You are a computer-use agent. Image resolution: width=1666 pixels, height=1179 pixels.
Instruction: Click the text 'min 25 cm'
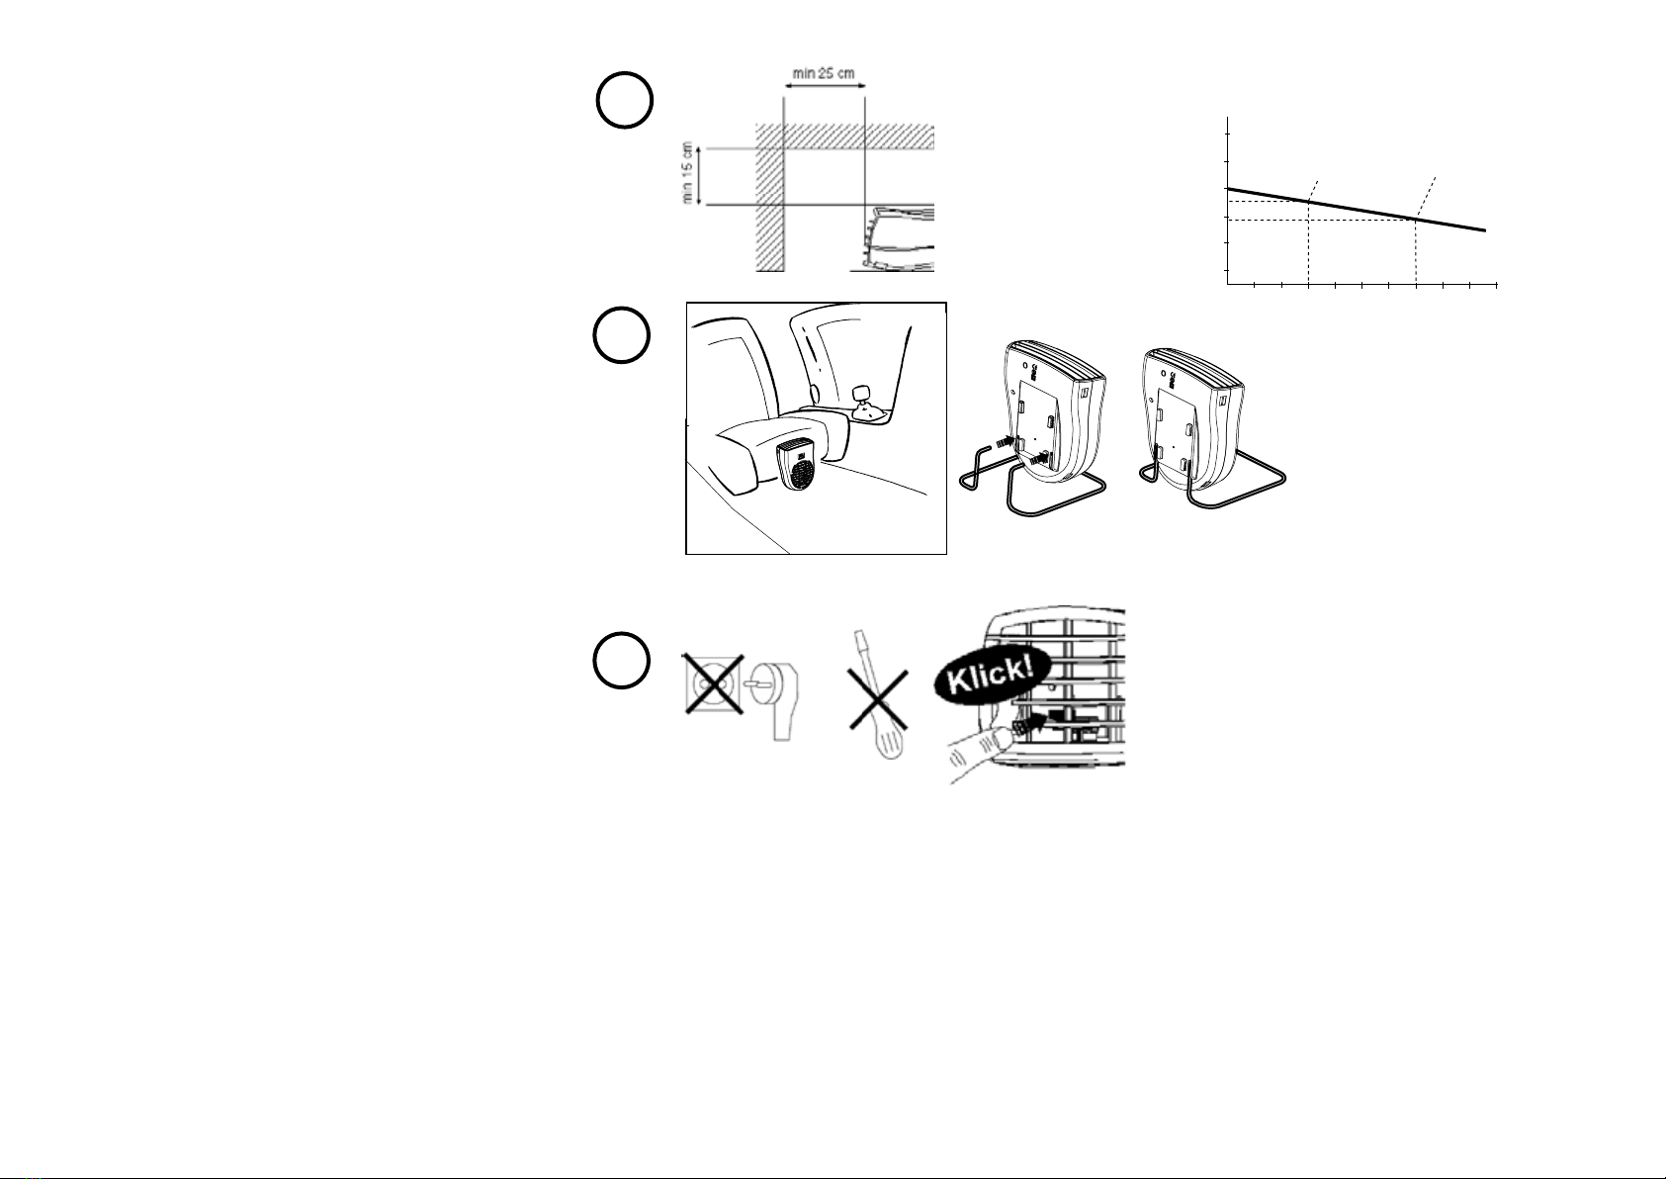click(824, 73)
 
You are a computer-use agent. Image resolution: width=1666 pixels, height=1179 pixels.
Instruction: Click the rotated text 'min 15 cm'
click(686, 172)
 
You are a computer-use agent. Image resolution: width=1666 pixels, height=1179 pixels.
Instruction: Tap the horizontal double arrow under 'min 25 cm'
click(824, 86)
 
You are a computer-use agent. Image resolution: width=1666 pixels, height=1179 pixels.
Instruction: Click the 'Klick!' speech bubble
click(992, 674)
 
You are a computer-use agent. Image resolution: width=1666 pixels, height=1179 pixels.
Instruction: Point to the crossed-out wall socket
click(713, 684)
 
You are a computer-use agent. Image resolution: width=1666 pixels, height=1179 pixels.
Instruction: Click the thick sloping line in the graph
click(1356, 210)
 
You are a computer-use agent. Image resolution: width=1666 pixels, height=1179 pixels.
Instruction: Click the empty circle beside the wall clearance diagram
click(625, 101)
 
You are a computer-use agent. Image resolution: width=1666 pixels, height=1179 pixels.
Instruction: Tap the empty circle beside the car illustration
click(622, 334)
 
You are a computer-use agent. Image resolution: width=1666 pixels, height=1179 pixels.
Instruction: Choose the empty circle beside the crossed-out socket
click(622, 661)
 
